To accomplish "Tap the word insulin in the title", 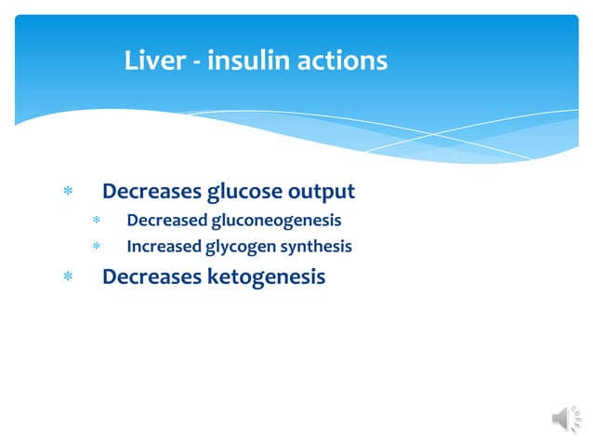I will [249, 61].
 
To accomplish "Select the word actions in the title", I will [341, 61].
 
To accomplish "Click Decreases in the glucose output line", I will [151, 192].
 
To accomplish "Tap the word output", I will [321, 193].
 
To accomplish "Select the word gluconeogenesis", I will [276, 222].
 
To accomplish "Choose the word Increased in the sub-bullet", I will [165, 247].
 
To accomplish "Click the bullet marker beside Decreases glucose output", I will [66, 193].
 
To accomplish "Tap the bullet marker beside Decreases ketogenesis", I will [66, 276].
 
